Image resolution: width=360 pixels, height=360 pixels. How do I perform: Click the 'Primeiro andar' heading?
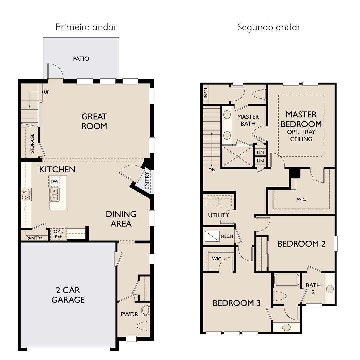(x=86, y=27)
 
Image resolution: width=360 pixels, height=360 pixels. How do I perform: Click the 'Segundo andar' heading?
(x=269, y=27)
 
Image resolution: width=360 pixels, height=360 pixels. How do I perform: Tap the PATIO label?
(x=81, y=59)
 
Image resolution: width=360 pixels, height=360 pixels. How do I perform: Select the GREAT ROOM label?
(x=94, y=121)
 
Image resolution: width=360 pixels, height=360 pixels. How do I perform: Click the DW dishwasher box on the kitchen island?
(x=55, y=181)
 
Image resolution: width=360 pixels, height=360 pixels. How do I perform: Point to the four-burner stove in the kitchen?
(x=26, y=194)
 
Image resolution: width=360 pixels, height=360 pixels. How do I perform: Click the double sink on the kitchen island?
(x=54, y=194)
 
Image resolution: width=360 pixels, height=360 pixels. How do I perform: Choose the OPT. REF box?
(x=58, y=234)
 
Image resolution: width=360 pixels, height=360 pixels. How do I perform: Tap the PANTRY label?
(x=34, y=238)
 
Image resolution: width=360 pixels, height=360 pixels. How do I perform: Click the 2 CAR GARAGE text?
(x=68, y=295)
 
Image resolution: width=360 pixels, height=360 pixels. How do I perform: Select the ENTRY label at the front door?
(x=147, y=181)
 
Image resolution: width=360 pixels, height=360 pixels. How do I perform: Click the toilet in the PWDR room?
(x=143, y=326)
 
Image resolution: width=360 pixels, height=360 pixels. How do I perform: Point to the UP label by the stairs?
(x=47, y=92)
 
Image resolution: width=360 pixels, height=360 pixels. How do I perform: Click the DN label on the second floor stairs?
(x=212, y=170)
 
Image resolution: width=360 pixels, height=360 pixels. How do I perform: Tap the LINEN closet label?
(x=206, y=94)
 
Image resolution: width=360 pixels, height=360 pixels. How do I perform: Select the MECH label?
(x=227, y=236)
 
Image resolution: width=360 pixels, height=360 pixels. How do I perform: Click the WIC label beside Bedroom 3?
(x=217, y=259)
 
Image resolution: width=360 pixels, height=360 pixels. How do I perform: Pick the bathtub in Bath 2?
(x=287, y=280)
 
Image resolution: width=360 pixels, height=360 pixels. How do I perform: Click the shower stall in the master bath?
(x=238, y=156)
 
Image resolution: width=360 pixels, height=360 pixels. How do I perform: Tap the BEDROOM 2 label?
(x=301, y=244)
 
